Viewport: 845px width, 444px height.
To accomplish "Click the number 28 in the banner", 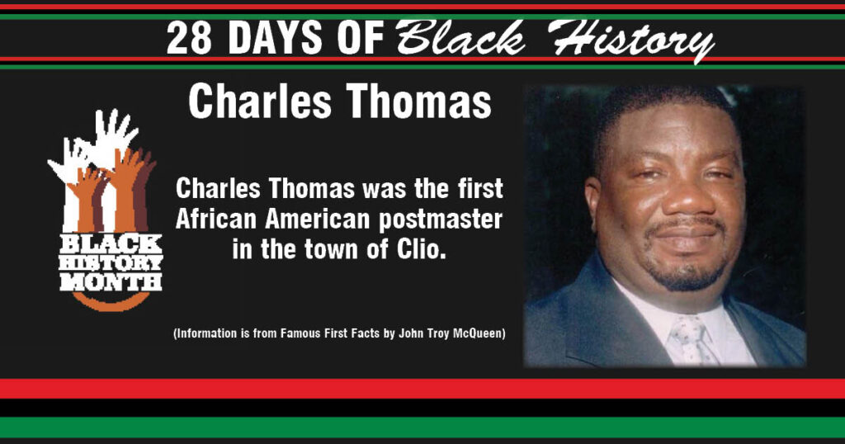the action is pyautogui.click(x=188, y=38).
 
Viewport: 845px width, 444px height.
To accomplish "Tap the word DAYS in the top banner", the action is pyautogui.click(x=276, y=38).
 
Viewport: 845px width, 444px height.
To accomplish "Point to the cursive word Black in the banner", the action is pyautogui.click(x=460, y=38).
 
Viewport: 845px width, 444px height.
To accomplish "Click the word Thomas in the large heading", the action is pyautogui.click(x=418, y=102).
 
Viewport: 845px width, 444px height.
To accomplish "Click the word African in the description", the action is pyautogui.click(x=217, y=219).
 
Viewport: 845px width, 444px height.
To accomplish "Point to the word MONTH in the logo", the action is pyautogui.click(x=111, y=281).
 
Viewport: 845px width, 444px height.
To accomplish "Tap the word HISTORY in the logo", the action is pyautogui.click(x=111, y=263).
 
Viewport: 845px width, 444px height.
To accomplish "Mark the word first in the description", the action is pyautogui.click(x=479, y=189).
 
